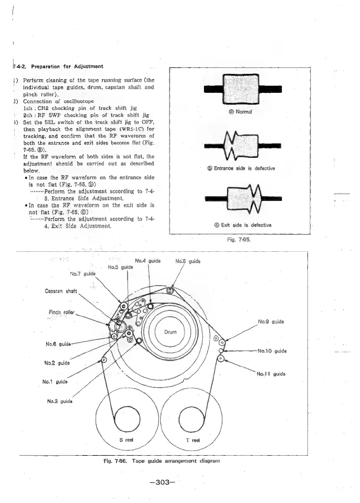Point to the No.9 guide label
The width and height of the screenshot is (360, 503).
coord(272,322)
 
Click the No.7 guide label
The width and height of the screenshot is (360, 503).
coord(83,274)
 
